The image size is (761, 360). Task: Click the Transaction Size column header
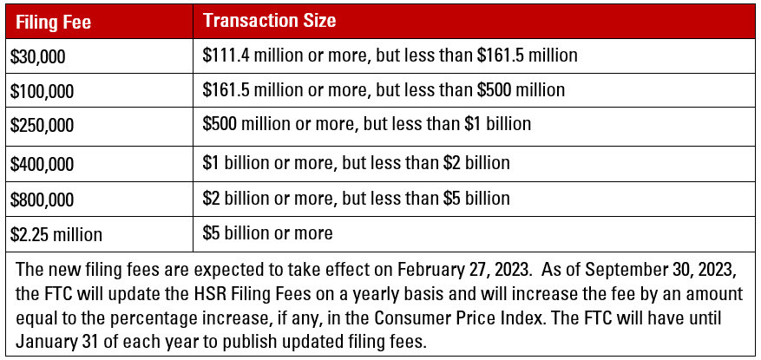pyautogui.click(x=269, y=19)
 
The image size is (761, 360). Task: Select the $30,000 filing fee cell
pyautogui.click(x=38, y=56)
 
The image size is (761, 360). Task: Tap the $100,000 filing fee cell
pyautogui.click(x=42, y=90)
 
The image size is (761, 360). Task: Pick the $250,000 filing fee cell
pyautogui.click(x=42, y=125)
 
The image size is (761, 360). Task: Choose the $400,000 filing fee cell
pyautogui.click(x=42, y=162)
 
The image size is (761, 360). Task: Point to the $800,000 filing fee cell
pyautogui.click(x=42, y=198)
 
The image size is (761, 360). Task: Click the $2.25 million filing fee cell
pyautogui.click(x=56, y=233)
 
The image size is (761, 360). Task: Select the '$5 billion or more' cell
pyautogui.click(x=267, y=232)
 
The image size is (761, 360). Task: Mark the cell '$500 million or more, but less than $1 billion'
pyautogui.click(x=366, y=124)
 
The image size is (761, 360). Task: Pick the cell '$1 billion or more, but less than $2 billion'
pyautogui.click(x=356, y=162)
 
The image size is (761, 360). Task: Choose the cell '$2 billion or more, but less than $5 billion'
pyautogui.click(x=356, y=198)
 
